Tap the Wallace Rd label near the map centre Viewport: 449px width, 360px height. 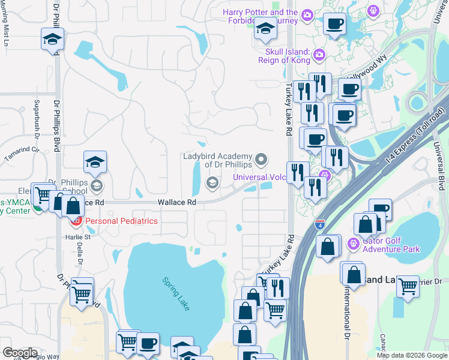coord(177,203)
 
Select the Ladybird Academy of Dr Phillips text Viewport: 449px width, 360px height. coord(218,160)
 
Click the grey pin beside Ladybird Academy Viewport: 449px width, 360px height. coord(261,160)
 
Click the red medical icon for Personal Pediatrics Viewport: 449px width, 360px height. coord(76,221)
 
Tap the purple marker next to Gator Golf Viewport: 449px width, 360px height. coord(353,243)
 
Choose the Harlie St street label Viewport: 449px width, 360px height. coord(77,236)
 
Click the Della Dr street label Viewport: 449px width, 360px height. coord(80,254)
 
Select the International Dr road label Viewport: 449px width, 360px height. coord(347,309)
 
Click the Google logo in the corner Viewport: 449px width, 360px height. coord(20,352)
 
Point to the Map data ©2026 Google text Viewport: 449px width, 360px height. coord(411,355)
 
